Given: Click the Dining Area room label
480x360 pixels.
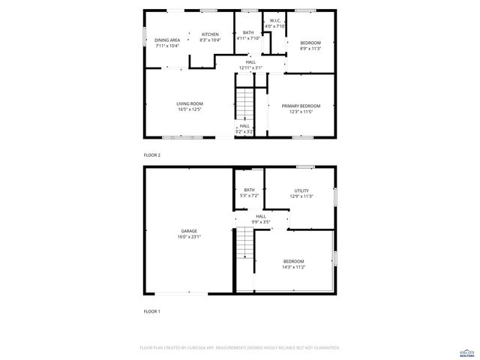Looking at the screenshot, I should tap(167, 40).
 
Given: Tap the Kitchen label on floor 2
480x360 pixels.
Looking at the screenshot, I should tap(209, 34).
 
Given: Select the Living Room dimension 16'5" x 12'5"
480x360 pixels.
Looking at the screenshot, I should tap(190, 109).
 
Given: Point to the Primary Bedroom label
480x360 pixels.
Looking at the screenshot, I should tap(300, 106).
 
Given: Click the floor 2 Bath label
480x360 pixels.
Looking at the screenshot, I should tap(247, 32).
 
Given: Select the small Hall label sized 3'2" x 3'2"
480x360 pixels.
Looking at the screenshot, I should tap(244, 131).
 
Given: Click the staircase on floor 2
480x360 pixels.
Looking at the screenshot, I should tap(245, 103).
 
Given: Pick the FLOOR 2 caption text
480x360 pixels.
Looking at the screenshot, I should tap(152, 154).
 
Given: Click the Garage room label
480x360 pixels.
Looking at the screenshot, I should tap(189, 230).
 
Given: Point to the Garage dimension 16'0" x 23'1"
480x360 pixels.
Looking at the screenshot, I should tap(189, 236).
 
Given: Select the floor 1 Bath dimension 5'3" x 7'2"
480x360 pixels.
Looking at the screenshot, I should tap(248, 196).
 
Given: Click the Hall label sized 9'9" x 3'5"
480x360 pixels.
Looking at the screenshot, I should tap(260, 222).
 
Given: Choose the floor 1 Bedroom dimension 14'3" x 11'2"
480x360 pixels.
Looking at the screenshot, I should tap(293, 267).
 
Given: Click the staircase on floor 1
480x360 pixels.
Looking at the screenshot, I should tap(244, 244).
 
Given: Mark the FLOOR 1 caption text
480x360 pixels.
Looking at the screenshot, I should tap(152, 310).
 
